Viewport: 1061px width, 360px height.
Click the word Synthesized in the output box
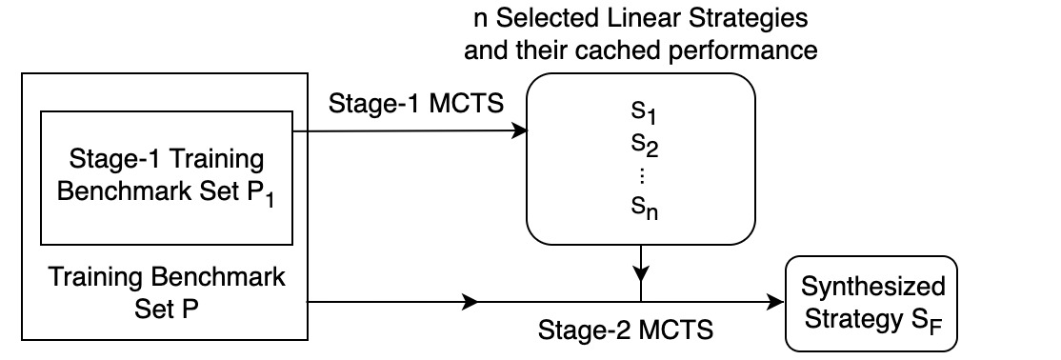[x=873, y=288]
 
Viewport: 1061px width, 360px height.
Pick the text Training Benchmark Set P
[x=166, y=294]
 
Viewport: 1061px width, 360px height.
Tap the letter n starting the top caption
[x=480, y=18]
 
